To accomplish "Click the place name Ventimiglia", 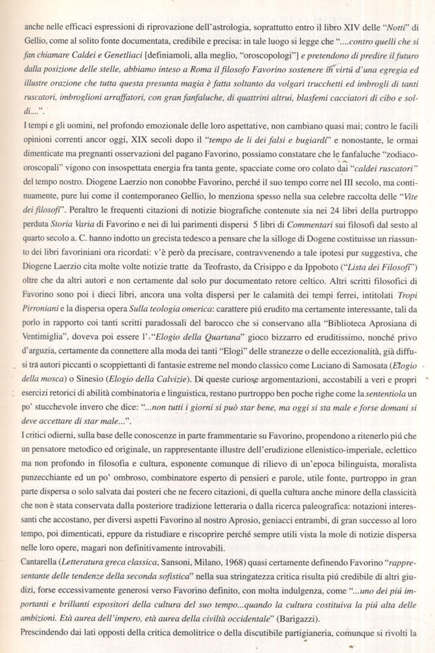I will (36, 351).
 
